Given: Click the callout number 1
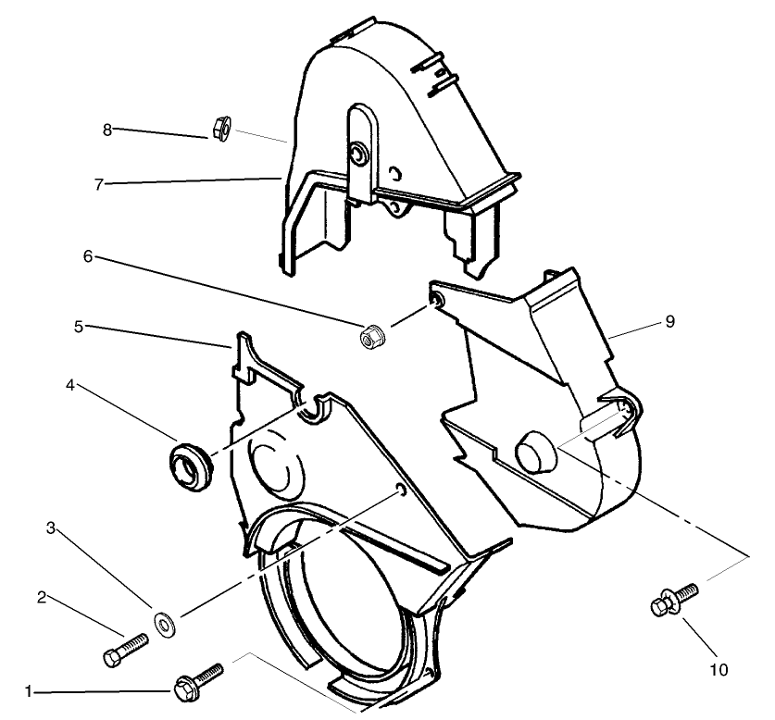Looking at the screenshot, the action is pos(29,690).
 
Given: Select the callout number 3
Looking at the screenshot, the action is pos(53,528).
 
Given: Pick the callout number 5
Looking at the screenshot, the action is pos(80,326).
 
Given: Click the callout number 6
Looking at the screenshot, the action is pos(88,256).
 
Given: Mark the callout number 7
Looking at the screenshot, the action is pos(97,183).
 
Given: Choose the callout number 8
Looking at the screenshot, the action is pos(107,130).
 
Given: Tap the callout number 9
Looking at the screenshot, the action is pos(669,322).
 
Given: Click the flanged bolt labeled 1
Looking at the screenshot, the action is pos(197,682).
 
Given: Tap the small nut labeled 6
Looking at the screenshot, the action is pos(371,338).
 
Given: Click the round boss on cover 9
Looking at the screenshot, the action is pos(534,452).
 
